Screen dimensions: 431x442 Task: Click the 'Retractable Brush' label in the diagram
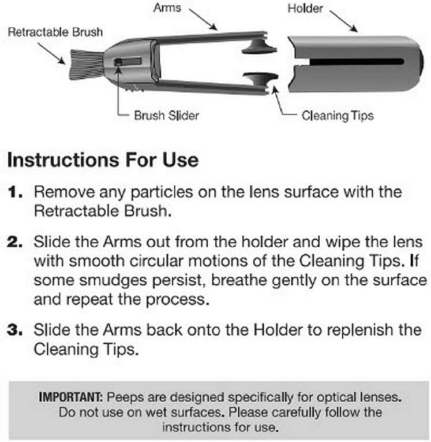(x=55, y=32)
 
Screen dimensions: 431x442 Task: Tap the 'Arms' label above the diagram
(x=167, y=8)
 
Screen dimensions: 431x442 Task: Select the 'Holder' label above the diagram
(x=305, y=9)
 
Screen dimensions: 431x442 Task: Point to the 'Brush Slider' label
(x=166, y=116)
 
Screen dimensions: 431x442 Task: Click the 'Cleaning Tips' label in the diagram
(x=338, y=116)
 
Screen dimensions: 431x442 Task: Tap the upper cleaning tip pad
(x=259, y=47)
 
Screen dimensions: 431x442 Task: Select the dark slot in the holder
(x=357, y=62)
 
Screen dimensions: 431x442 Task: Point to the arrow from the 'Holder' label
(x=344, y=22)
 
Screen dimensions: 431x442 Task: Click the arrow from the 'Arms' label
(x=203, y=19)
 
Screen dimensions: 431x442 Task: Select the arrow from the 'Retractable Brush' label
(x=51, y=53)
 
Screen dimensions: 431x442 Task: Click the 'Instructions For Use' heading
(x=103, y=160)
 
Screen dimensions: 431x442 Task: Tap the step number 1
(x=15, y=192)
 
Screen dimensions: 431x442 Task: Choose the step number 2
(x=15, y=242)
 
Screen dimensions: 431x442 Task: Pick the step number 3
(x=15, y=330)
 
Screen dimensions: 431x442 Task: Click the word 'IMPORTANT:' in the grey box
(x=71, y=397)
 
